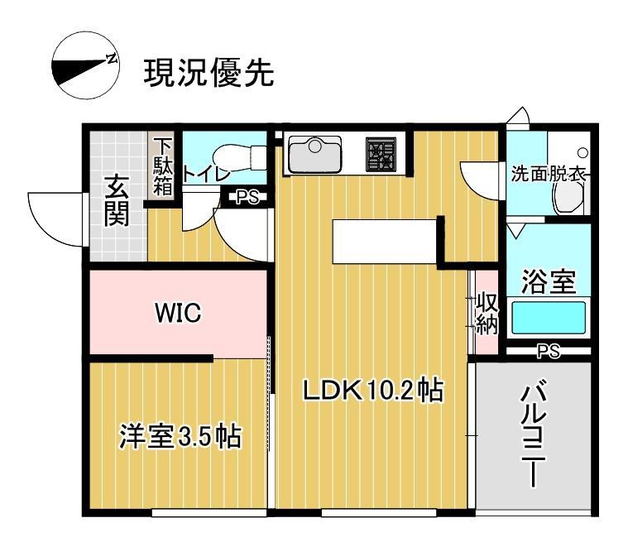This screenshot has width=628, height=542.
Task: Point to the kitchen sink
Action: pos(314,155)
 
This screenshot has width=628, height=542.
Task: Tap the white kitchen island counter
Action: pos(385,241)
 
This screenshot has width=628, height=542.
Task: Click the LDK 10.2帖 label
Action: pos(372,390)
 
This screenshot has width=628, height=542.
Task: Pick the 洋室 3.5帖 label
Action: pos(180,436)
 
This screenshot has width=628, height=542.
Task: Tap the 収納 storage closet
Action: pos(486,314)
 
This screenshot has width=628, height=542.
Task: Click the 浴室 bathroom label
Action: pos(548,282)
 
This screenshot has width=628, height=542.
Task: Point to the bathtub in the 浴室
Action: pos(548,318)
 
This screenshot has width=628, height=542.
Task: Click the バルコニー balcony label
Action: pos(532,434)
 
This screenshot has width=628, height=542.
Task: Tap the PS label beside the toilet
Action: pos(247,197)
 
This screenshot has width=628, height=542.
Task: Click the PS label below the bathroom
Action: pos(548,352)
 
